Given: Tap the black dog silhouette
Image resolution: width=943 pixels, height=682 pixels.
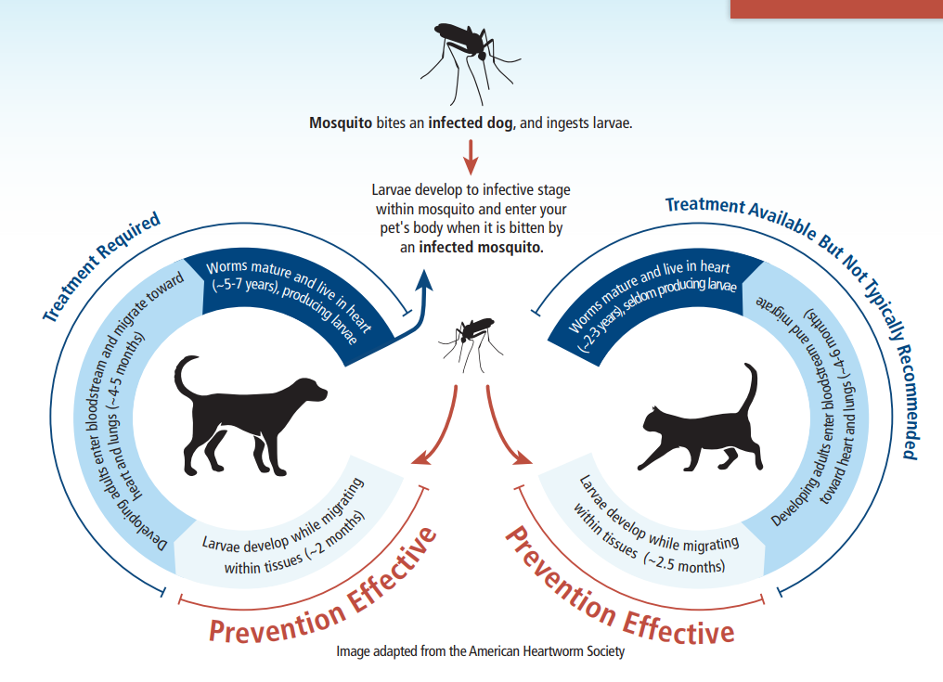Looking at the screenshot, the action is point(247,415).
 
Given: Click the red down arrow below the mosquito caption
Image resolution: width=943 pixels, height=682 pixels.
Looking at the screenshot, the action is point(471,158).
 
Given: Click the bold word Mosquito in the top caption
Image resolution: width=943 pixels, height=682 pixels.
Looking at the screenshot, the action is point(341,123).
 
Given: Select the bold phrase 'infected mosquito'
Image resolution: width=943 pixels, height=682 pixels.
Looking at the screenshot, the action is point(479,247).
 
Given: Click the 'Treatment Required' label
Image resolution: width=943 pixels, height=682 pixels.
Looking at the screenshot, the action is point(101,265).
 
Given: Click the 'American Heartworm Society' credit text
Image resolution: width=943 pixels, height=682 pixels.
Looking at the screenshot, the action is point(547,651).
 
